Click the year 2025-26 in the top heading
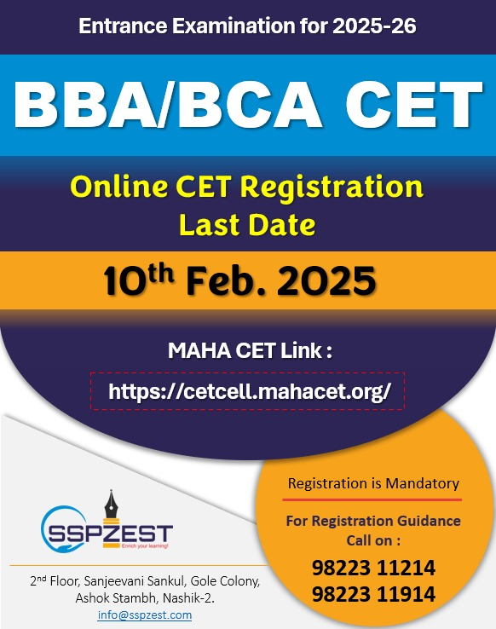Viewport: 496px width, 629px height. (374, 26)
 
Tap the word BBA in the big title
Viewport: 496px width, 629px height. (85, 104)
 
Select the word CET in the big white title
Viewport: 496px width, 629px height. (414, 104)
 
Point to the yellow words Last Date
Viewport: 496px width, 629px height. (247, 225)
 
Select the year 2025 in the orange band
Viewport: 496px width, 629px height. (326, 280)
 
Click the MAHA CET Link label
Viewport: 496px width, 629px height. (250, 350)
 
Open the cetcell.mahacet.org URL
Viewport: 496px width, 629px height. (250, 391)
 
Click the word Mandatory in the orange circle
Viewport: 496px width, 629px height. (422, 483)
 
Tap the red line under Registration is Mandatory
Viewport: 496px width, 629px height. (372, 499)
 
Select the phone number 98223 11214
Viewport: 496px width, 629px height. (373, 568)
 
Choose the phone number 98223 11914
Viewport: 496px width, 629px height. (373, 594)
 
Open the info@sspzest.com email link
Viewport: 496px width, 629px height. (144, 615)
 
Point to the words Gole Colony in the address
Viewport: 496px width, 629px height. (225, 581)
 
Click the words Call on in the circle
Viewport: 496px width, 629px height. (373, 540)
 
